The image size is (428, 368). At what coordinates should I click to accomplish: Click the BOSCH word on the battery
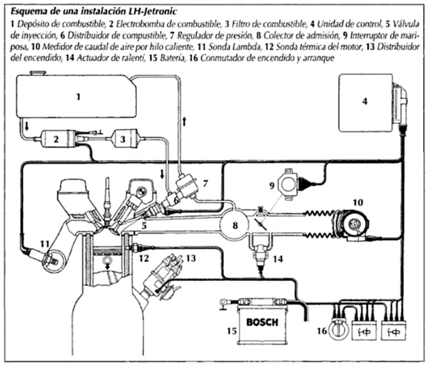click(261, 322)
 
